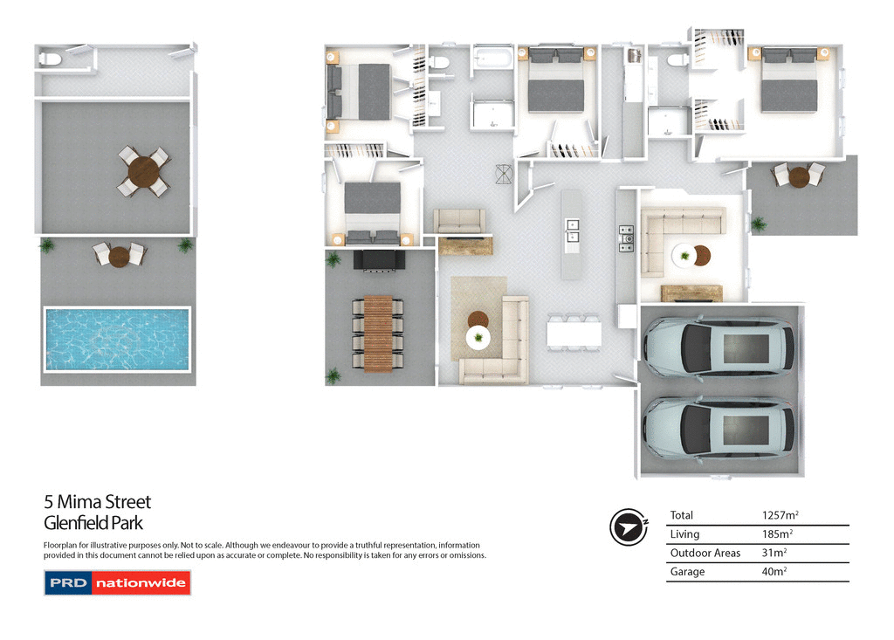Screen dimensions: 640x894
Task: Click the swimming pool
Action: pos(117,338)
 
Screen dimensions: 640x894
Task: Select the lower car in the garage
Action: pos(718,427)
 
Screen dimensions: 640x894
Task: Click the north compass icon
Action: pos(629,526)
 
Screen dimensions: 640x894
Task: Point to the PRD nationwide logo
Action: pos(117,582)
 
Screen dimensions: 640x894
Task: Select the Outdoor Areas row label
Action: pos(705,553)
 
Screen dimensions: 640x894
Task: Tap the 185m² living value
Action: pos(777,533)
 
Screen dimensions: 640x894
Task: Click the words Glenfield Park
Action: pos(93,524)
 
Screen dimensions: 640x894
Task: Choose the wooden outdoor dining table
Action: pos(379,334)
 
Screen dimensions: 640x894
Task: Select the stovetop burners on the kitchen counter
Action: pos(625,237)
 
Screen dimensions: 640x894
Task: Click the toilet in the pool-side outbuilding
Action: pos(50,59)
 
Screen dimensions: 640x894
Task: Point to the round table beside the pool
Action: pos(120,256)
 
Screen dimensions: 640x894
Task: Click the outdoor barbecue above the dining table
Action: pos(379,259)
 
